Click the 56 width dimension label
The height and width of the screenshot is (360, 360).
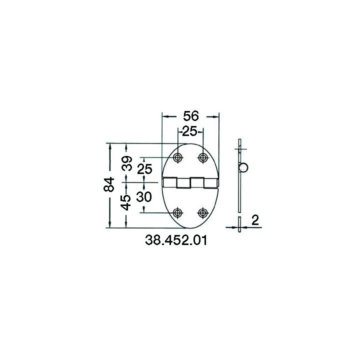click(191, 116)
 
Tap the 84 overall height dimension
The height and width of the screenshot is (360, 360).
click(109, 184)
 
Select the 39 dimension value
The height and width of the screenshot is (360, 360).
click(127, 163)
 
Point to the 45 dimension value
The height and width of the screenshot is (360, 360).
click(126, 202)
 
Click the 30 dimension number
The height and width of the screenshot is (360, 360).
click(144, 197)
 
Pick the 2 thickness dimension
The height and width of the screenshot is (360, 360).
click(255, 220)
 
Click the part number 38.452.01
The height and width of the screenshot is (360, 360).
click(176, 240)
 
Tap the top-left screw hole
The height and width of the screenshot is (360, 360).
click(177, 157)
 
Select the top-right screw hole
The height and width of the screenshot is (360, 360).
click(202, 157)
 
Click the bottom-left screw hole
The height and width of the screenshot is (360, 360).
click(177, 213)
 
